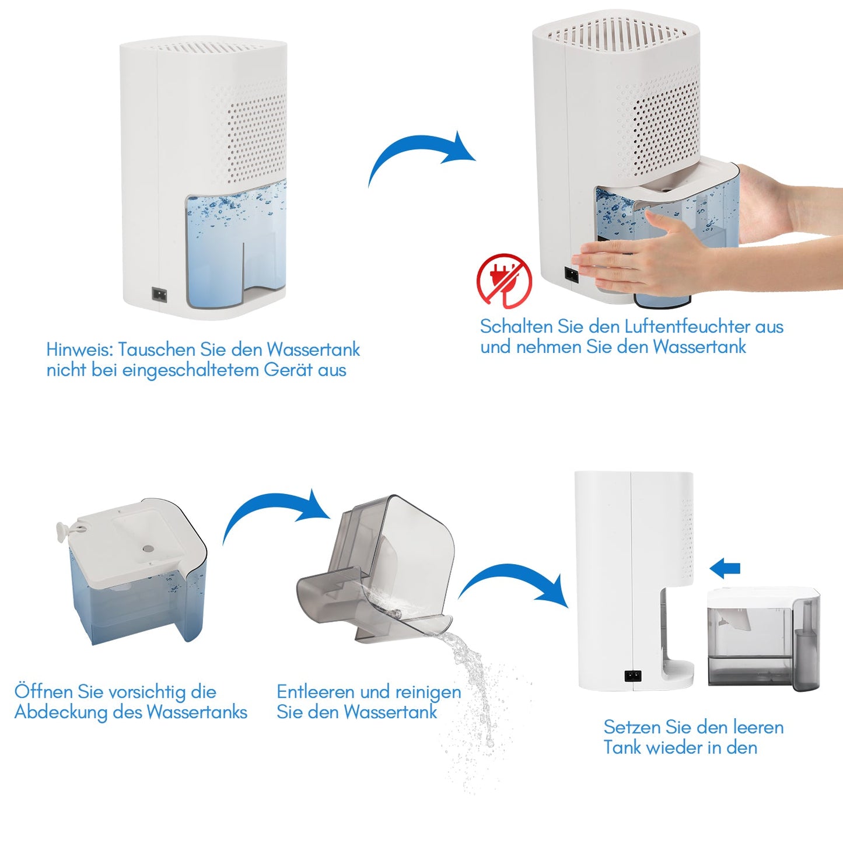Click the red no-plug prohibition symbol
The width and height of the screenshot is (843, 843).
click(505, 281)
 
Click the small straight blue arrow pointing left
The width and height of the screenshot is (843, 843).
click(725, 568)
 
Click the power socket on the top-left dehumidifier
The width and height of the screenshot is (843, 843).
click(159, 295)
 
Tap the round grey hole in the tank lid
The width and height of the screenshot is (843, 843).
click(148, 548)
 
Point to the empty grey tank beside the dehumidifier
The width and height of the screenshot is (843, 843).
click(764, 639)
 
